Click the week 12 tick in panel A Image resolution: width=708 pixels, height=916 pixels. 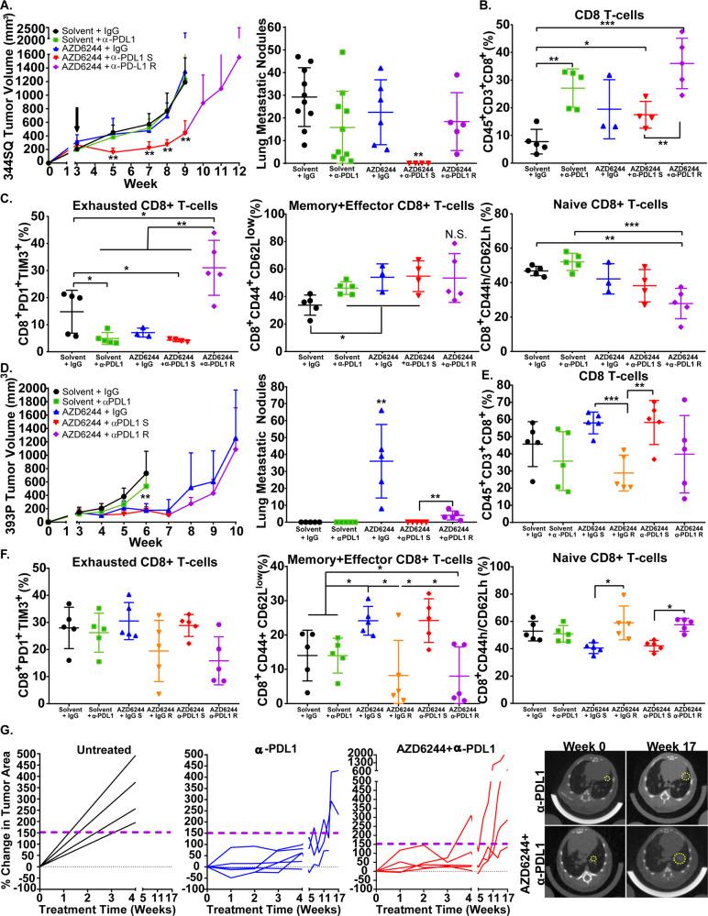[x=239, y=170]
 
